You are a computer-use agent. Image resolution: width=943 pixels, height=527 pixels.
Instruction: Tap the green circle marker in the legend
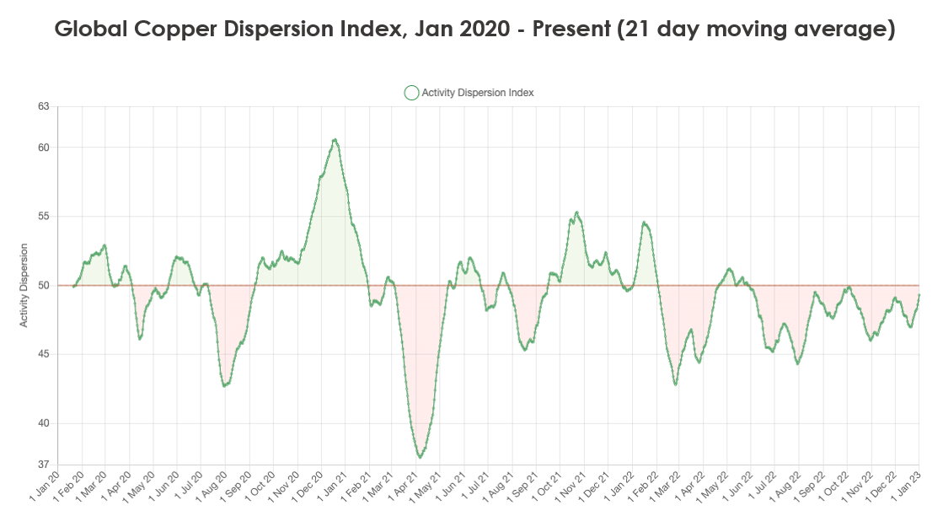point(411,93)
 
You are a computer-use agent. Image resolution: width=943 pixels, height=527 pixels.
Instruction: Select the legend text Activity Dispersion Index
point(477,93)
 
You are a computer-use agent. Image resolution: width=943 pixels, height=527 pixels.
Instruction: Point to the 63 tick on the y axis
point(43,106)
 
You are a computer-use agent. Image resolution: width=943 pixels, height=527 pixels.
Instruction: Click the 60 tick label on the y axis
point(43,148)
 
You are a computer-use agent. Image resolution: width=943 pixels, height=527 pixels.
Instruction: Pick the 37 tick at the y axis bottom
point(43,465)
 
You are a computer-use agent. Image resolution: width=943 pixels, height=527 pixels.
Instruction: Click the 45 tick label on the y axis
point(43,354)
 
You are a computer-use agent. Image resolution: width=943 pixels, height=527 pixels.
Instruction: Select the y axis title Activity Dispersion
point(24,285)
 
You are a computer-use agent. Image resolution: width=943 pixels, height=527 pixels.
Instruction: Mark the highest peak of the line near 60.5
point(335,140)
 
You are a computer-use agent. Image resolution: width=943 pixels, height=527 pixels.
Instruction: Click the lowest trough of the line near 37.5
point(420,457)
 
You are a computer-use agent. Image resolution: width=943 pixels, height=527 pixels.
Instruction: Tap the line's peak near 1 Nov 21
point(576,212)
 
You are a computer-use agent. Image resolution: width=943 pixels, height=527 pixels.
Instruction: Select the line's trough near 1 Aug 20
point(225,385)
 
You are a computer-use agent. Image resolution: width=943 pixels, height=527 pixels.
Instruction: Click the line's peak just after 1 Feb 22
point(645,223)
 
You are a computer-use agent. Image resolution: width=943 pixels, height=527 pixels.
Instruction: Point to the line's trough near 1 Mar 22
point(676,384)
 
